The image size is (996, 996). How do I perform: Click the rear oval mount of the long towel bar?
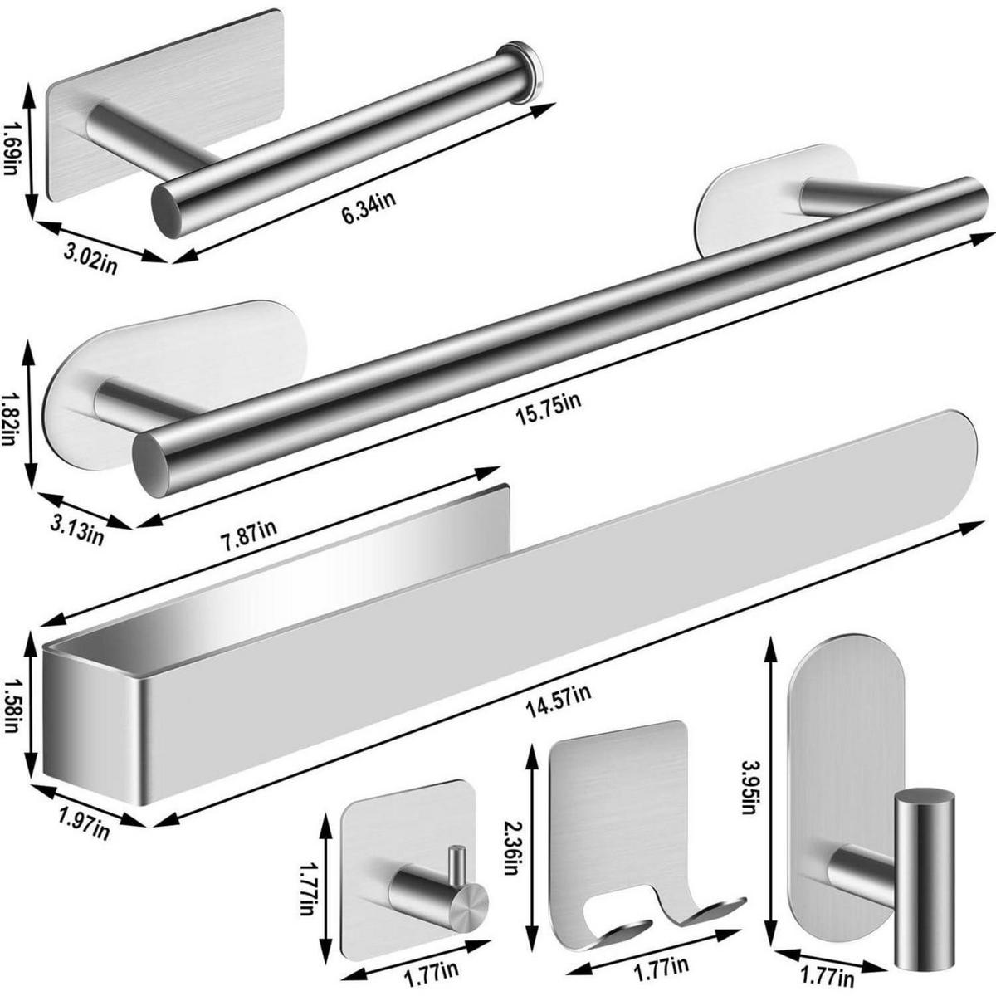775,199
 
